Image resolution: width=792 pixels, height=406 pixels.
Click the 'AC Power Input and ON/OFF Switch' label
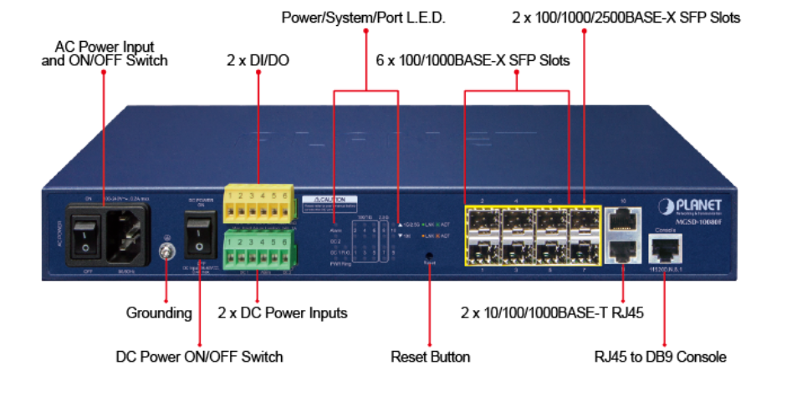[x=105, y=53]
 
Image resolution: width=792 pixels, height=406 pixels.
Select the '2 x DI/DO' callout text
[x=258, y=60]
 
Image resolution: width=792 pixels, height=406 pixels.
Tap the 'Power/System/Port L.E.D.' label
[x=364, y=17]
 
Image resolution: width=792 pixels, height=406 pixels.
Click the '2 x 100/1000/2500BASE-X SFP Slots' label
[x=625, y=17]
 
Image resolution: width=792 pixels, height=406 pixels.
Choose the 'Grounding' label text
[x=159, y=313]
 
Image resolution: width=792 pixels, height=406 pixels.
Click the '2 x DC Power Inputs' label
[x=282, y=313]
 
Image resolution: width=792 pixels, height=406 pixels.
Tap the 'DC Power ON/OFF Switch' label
[x=199, y=357]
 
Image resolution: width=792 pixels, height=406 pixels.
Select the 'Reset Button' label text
[x=430, y=357]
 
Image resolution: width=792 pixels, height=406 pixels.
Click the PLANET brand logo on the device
[x=687, y=206]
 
